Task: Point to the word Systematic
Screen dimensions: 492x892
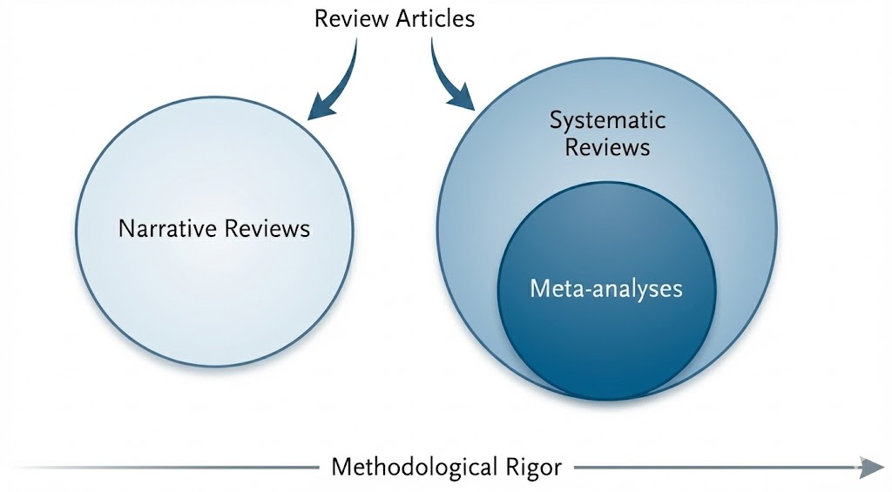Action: point(607,120)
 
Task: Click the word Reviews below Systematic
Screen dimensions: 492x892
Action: point(607,146)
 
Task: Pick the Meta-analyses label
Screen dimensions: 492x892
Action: point(606,287)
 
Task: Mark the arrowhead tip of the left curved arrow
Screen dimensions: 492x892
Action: point(308,118)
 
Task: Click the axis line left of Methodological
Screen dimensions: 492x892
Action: point(174,468)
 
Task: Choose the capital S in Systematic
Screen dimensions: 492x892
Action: point(555,120)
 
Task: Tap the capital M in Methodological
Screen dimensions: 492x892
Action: point(340,468)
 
